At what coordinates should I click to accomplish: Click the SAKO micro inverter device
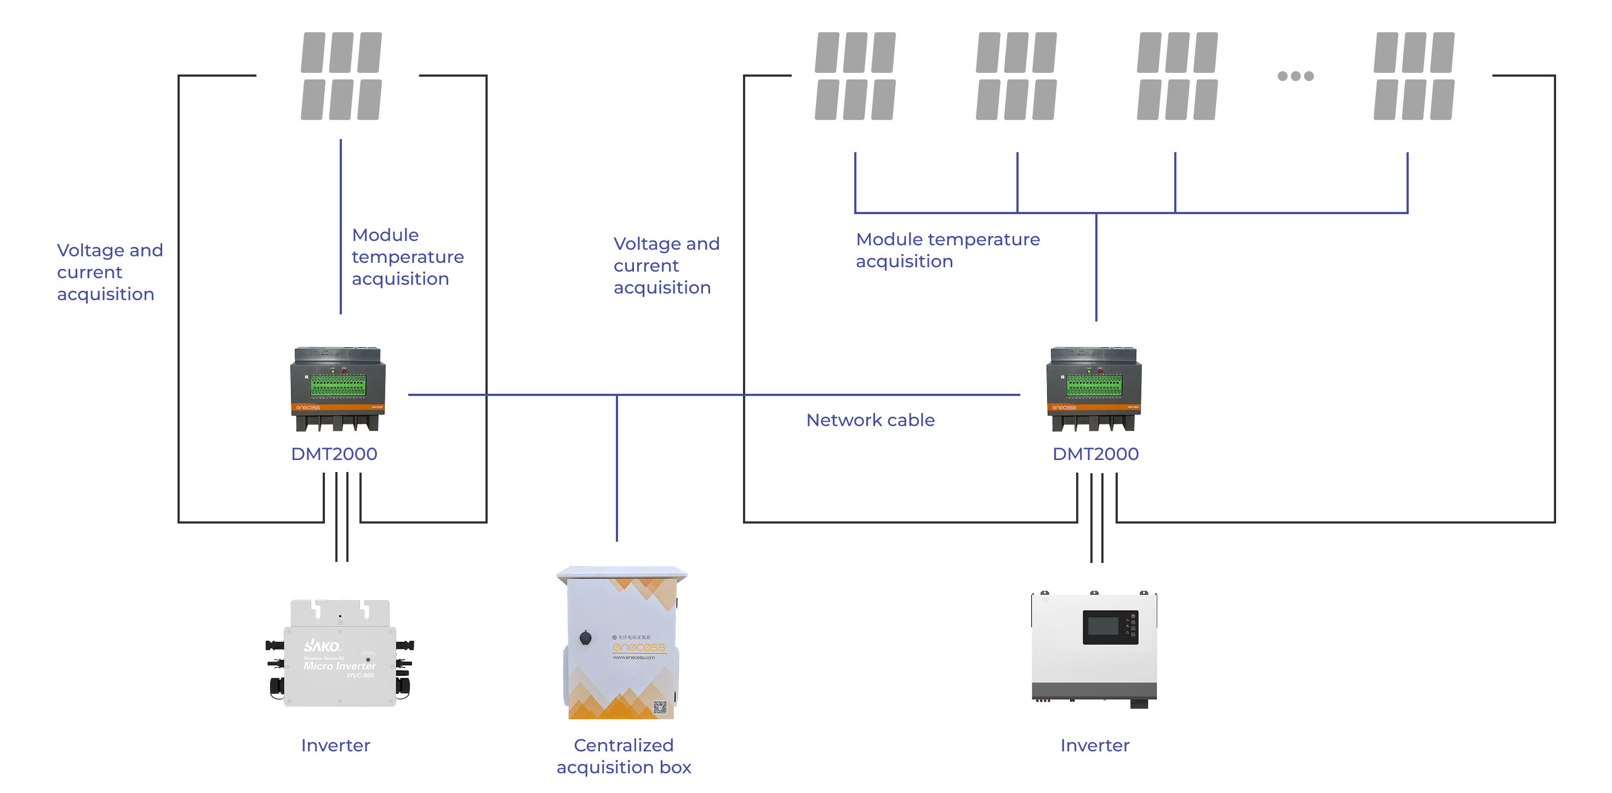[x=340, y=653]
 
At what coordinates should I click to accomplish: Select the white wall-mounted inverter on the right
[x=1094, y=647]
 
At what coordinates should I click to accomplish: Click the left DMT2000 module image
[x=338, y=388]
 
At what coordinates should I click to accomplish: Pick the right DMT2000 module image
[x=1094, y=388]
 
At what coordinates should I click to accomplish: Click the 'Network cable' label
[x=870, y=420]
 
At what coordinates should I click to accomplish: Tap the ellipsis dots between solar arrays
[x=1295, y=76]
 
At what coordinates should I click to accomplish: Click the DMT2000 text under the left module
[x=334, y=453]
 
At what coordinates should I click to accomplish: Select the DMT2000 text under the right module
[x=1095, y=453]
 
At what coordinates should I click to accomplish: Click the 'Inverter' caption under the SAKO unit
[x=335, y=745]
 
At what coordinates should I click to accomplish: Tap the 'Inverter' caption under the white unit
[x=1094, y=745]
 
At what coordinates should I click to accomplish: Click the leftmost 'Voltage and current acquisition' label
[x=110, y=272]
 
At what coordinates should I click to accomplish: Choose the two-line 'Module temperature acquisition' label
[x=947, y=250]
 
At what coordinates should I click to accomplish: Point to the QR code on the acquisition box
[x=660, y=708]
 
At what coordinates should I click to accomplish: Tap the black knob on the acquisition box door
[x=586, y=637]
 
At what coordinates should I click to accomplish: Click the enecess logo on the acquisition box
[x=638, y=647]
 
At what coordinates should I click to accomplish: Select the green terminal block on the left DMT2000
[x=339, y=384]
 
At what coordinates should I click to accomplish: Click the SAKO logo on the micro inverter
[x=322, y=645]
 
